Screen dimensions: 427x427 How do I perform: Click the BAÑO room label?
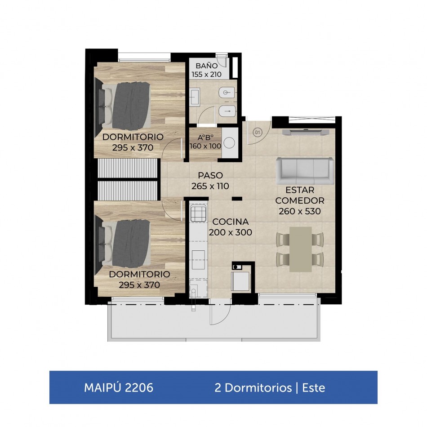pyautogui.click(x=206, y=66)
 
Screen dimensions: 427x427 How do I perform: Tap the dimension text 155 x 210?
pyautogui.click(x=206, y=74)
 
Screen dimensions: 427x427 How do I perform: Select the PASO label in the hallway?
pyautogui.click(x=210, y=175)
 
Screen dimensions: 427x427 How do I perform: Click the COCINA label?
pyautogui.click(x=231, y=222)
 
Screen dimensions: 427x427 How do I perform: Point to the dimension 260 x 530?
pyautogui.click(x=299, y=211)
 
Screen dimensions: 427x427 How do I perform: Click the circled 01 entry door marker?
pyautogui.click(x=258, y=133)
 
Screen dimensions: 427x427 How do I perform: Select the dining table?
pyautogui.click(x=300, y=249)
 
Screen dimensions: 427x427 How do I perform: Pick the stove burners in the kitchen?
pyautogui.click(x=198, y=213)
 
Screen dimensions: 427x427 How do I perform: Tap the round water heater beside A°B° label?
pyautogui.click(x=229, y=142)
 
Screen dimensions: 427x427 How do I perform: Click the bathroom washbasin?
pyautogui.click(x=195, y=97)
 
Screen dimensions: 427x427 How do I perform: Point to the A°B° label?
pyautogui.click(x=205, y=138)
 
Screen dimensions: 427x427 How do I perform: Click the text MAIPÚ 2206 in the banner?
pyautogui.click(x=119, y=387)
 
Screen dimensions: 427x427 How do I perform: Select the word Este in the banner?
pyautogui.click(x=314, y=388)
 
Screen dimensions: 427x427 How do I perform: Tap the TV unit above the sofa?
pyautogui.click(x=306, y=132)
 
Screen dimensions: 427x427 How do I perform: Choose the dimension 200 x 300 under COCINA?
pyautogui.click(x=231, y=232)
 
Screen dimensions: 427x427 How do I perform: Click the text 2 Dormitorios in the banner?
pyautogui.click(x=253, y=388)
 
